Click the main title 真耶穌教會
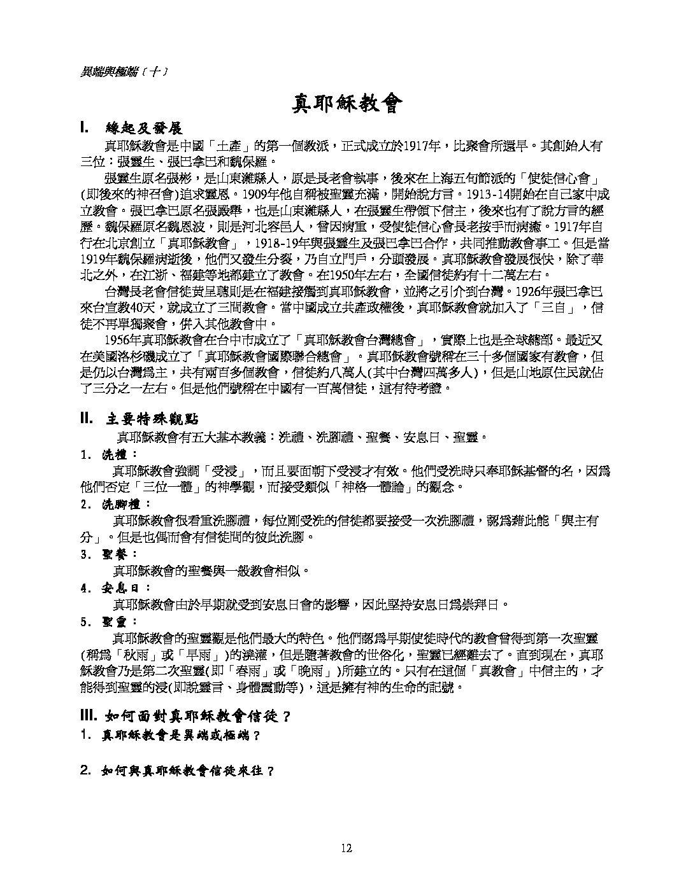[347, 103]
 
